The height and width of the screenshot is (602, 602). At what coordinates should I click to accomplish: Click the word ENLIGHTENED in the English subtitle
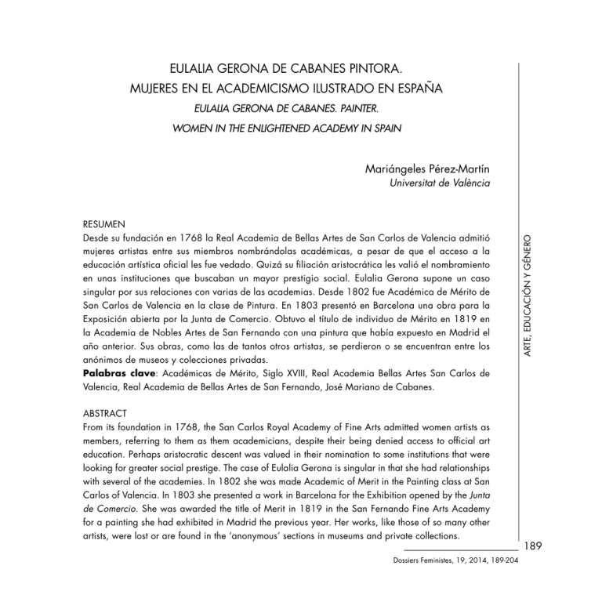point(274,125)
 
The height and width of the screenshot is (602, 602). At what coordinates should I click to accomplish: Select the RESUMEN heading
point(104,222)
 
